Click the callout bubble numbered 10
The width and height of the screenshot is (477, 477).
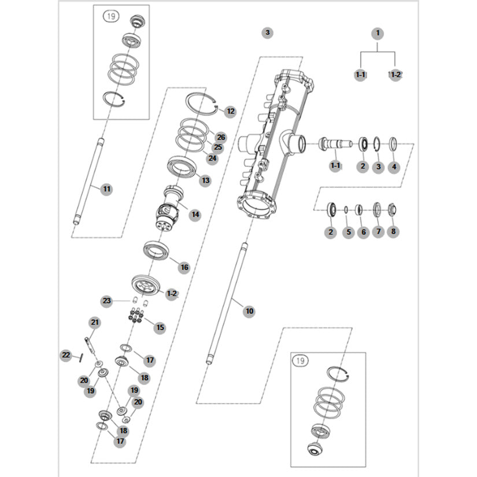coord(249,311)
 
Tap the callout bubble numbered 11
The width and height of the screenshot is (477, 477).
coord(106,189)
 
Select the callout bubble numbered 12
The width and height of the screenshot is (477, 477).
coord(230,111)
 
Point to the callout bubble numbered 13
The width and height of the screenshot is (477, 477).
coord(205,180)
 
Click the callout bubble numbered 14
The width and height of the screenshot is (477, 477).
coord(195,215)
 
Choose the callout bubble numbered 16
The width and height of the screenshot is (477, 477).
coord(184,268)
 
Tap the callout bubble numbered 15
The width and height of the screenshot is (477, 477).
coord(160,327)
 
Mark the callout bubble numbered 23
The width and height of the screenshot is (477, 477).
coord(106,301)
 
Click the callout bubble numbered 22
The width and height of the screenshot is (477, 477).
coord(66,354)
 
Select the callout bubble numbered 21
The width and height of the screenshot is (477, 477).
coord(95,322)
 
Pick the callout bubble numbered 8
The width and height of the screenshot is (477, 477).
coord(393,232)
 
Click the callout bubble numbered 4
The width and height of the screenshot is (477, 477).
coord(394,167)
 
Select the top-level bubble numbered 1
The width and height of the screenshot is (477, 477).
coord(378,33)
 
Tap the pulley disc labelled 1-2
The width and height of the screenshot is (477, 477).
coord(145,286)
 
